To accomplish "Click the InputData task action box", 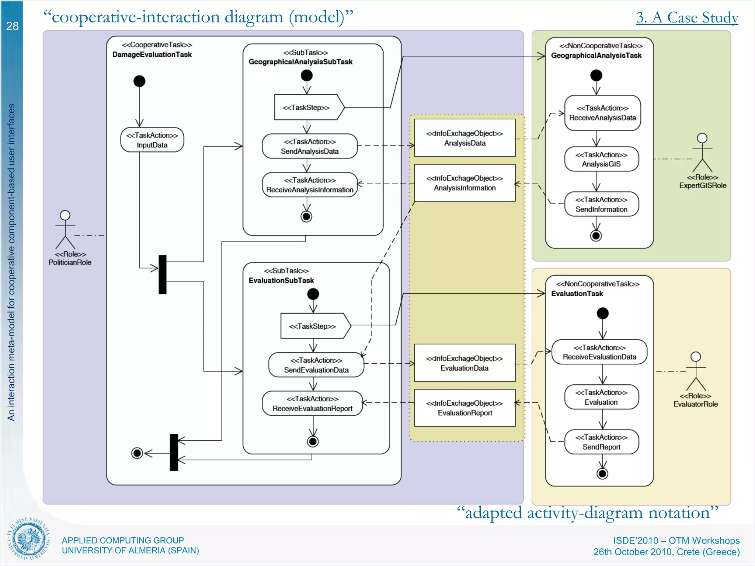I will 152,140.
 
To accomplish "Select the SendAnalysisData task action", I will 310,146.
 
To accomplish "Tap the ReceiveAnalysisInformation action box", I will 310,185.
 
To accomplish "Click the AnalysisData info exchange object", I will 465,138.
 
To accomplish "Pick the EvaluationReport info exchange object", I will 465,408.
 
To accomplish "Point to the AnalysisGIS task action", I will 601,159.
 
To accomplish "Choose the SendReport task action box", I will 601,442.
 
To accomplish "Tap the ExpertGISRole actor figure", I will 702,153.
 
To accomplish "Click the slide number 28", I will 12,26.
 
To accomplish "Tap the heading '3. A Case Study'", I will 687,17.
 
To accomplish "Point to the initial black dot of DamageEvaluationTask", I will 139,81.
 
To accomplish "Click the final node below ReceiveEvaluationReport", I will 313,441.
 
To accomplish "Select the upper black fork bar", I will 163,275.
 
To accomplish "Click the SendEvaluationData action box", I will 316,365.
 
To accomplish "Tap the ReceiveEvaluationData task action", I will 599,352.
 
